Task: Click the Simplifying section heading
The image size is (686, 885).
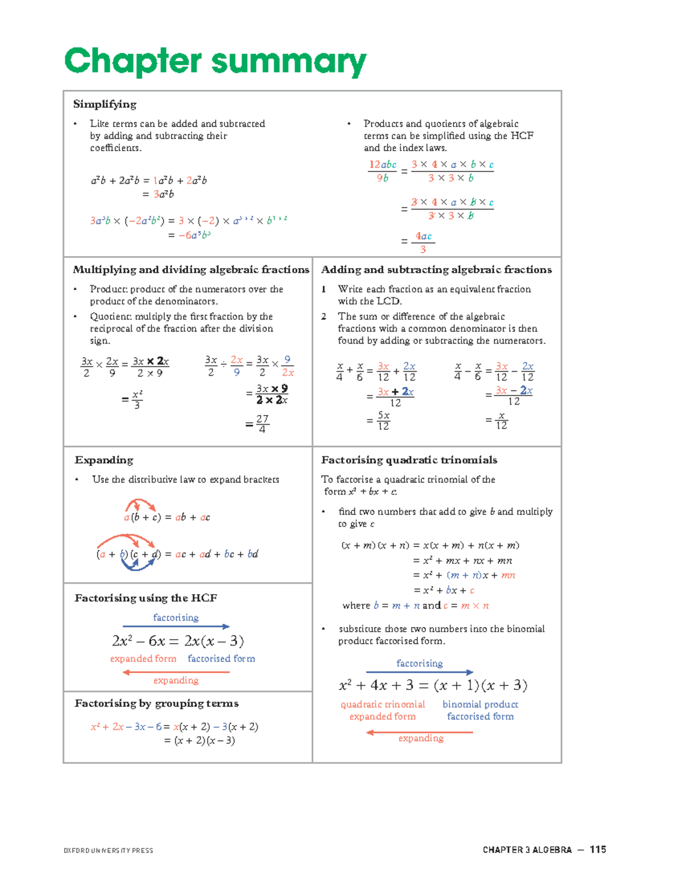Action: (x=105, y=104)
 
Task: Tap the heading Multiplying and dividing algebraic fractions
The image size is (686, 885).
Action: (x=191, y=269)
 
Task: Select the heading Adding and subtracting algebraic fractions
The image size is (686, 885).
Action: (x=436, y=269)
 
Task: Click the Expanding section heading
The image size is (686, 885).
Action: (x=103, y=460)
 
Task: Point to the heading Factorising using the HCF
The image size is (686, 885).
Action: (x=146, y=598)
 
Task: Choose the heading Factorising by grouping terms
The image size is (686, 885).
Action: (x=157, y=703)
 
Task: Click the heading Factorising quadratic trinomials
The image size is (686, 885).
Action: (x=409, y=460)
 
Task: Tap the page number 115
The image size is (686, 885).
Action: (x=598, y=850)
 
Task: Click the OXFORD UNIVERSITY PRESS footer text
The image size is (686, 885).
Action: (x=109, y=851)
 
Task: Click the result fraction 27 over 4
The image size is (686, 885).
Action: (x=262, y=424)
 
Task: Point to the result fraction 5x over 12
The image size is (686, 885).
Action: (x=384, y=421)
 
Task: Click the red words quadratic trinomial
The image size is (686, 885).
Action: (x=382, y=704)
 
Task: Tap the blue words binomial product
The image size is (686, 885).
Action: (x=480, y=704)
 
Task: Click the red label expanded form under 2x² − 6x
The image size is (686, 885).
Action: (x=143, y=659)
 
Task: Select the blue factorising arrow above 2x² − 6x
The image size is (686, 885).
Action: (x=176, y=627)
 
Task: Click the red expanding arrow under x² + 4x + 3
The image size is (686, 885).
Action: (x=420, y=732)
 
